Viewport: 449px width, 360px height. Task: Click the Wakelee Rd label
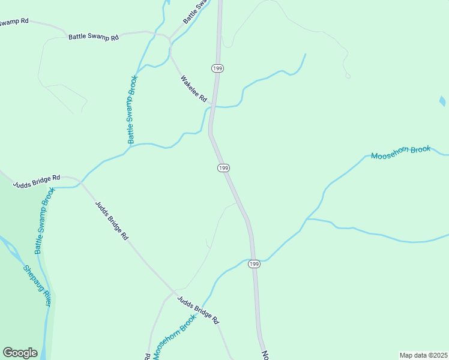tap(194, 88)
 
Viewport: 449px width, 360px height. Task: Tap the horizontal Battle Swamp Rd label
tap(94, 37)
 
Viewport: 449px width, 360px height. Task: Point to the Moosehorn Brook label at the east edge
tap(400, 153)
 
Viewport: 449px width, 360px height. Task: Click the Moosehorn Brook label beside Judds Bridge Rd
tap(175, 337)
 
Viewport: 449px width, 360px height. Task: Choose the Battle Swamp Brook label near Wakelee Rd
tap(132, 109)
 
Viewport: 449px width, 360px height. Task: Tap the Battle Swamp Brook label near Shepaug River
tap(44, 220)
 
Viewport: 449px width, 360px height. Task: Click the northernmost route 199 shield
tap(217, 68)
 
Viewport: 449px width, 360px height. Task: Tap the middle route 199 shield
tap(223, 168)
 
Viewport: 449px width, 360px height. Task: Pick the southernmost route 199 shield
tap(254, 264)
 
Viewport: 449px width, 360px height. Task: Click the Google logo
tap(20, 353)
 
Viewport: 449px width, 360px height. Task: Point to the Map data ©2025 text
tap(423, 355)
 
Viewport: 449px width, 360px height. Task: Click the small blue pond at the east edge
tap(442, 101)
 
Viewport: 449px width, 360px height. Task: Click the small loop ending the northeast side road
tap(348, 76)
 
